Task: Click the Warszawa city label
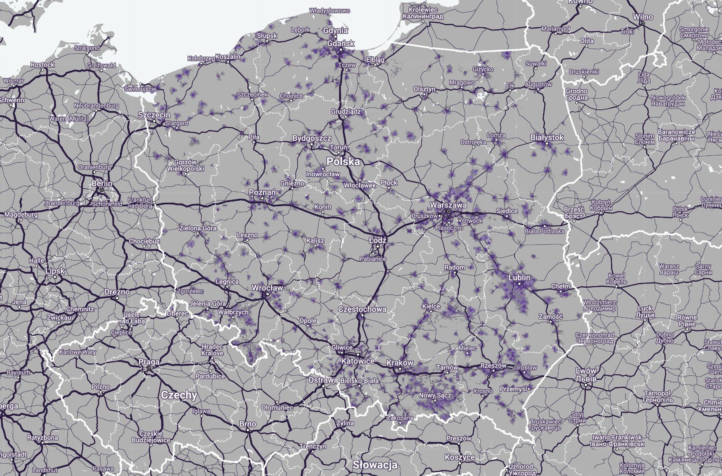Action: [x=448, y=205]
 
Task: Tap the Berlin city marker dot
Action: [x=102, y=190]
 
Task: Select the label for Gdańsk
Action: [x=341, y=43]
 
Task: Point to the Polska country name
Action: [x=343, y=161]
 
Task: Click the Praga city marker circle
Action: [x=149, y=368]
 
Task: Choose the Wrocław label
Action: [x=267, y=288]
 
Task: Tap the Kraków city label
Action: [x=400, y=363]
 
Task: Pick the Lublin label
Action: [x=519, y=277]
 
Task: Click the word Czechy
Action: [x=179, y=395]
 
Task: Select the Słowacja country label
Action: [x=375, y=465]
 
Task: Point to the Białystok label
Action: [x=547, y=137]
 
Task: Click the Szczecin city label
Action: [x=154, y=115]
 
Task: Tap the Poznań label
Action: [x=262, y=192]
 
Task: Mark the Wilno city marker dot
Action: [x=642, y=23]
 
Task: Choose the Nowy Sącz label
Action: [x=435, y=395]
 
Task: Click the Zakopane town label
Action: [x=400, y=418]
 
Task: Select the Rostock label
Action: [x=42, y=65]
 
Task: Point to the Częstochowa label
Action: [x=362, y=309]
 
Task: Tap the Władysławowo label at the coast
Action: [x=330, y=11]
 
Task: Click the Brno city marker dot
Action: [x=248, y=430]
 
